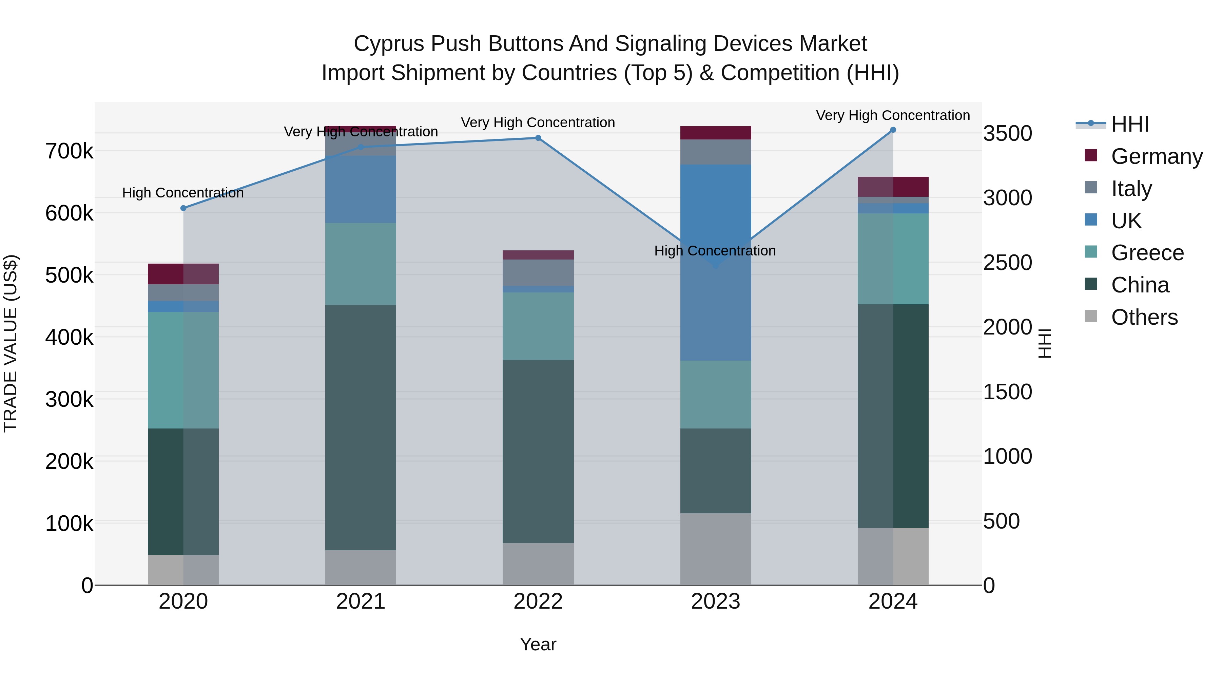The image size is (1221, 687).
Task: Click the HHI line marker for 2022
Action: (538, 138)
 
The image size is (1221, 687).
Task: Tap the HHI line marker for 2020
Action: (183, 208)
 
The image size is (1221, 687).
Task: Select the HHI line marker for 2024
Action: (893, 130)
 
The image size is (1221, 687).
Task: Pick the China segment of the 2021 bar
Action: (361, 427)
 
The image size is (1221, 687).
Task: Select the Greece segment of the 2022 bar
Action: (538, 326)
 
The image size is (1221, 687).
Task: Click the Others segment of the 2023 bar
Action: (716, 549)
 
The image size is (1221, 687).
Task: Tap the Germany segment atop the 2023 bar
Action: (716, 133)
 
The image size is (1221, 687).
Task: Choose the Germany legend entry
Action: (1157, 156)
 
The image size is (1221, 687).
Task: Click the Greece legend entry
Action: (1147, 253)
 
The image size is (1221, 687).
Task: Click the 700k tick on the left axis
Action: (69, 152)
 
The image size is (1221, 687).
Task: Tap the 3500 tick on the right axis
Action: (1007, 133)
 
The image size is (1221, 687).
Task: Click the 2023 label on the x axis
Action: (716, 601)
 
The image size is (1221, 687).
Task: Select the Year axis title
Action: (538, 644)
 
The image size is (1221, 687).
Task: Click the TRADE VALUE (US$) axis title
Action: (11, 343)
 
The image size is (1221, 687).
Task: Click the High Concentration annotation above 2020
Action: (183, 193)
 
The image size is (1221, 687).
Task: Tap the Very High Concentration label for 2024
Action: (893, 115)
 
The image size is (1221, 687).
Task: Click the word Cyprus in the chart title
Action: (389, 44)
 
